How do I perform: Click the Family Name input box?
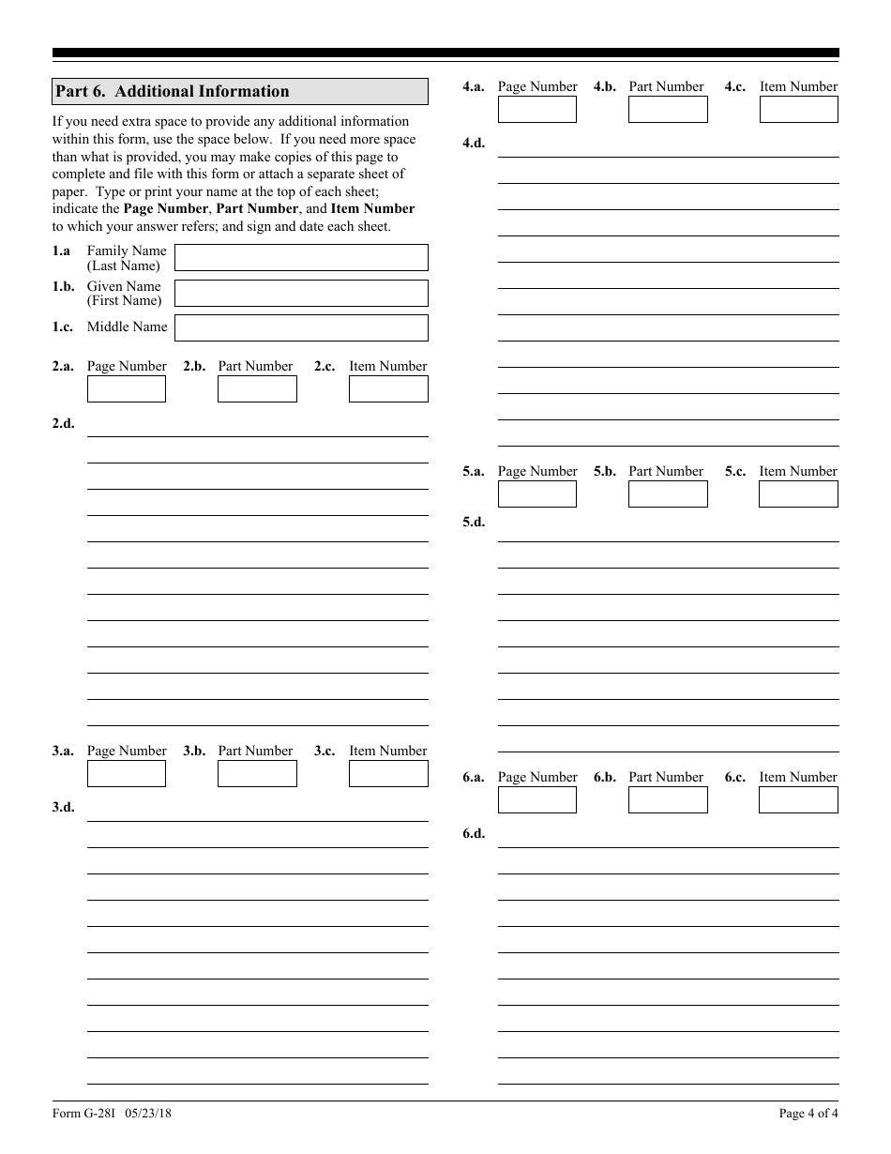pos(301,258)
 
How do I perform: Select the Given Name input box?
pos(301,293)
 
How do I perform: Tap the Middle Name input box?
pos(301,327)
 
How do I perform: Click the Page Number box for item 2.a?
pos(127,388)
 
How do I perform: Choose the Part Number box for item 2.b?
pos(257,388)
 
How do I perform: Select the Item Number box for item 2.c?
pos(388,388)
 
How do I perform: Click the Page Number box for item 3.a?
pos(127,773)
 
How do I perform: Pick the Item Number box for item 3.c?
pos(388,773)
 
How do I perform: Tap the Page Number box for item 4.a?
pos(536,109)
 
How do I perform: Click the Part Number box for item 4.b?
pos(668,109)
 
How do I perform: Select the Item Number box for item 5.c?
pos(798,493)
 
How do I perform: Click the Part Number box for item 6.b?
pos(668,799)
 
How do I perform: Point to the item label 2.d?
pos(63,423)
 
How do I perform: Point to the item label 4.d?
pos(474,144)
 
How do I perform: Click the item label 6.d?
pos(474,834)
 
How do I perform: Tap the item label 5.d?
pos(474,523)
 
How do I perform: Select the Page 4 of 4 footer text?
pos(808,1114)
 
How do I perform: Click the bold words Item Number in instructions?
pos(372,208)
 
